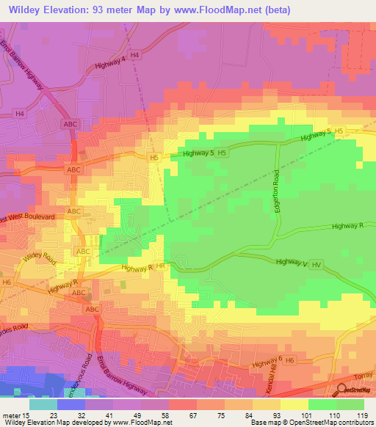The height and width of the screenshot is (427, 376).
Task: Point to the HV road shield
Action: point(317,263)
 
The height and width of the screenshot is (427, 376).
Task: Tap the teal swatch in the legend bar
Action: point(43,404)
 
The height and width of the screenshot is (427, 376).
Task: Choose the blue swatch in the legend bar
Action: point(71,404)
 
